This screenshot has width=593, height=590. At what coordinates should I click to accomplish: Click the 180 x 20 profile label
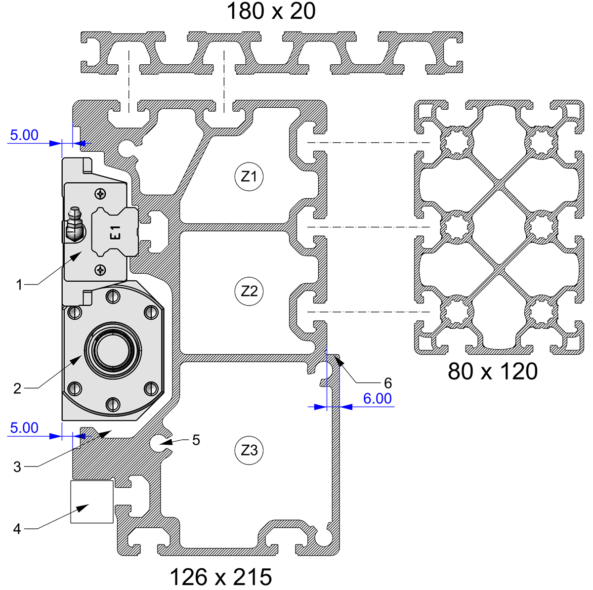coord(271,11)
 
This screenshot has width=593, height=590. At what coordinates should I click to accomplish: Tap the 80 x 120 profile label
coord(492,371)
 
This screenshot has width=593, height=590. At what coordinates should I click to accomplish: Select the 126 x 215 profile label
coord(220,576)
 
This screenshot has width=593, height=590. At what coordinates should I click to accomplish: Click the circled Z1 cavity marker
coord(249,176)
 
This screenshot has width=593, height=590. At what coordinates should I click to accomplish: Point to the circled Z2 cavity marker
coord(249,291)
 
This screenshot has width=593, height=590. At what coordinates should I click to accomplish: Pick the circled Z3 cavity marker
coord(249,450)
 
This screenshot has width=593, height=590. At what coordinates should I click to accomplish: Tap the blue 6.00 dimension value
coord(377,398)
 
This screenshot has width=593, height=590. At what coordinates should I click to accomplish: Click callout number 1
coord(19,285)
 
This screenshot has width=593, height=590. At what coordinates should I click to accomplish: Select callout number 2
coord(17,389)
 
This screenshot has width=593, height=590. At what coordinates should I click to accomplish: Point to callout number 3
coord(17,466)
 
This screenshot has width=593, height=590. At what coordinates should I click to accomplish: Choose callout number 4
coord(17,529)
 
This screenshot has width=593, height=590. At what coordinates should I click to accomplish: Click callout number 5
coord(196,440)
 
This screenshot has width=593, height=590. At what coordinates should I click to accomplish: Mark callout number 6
coord(388,382)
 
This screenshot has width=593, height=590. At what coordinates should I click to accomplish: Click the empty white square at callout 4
coord(92,502)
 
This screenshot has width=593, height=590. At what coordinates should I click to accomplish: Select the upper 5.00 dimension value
coord(24,135)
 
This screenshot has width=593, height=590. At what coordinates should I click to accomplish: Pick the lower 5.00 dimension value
coord(24,428)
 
